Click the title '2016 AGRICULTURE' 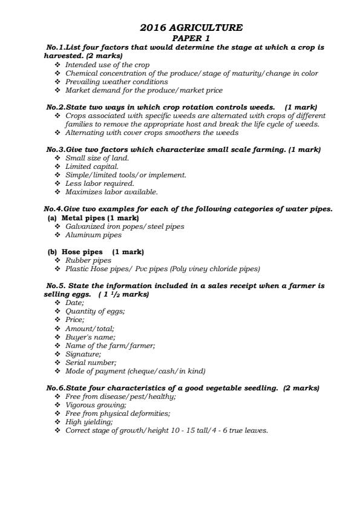tap(191, 27)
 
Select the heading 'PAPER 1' tap(191, 38)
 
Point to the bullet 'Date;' tap(74, 303)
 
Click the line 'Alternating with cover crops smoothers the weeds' tap(151, 133)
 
